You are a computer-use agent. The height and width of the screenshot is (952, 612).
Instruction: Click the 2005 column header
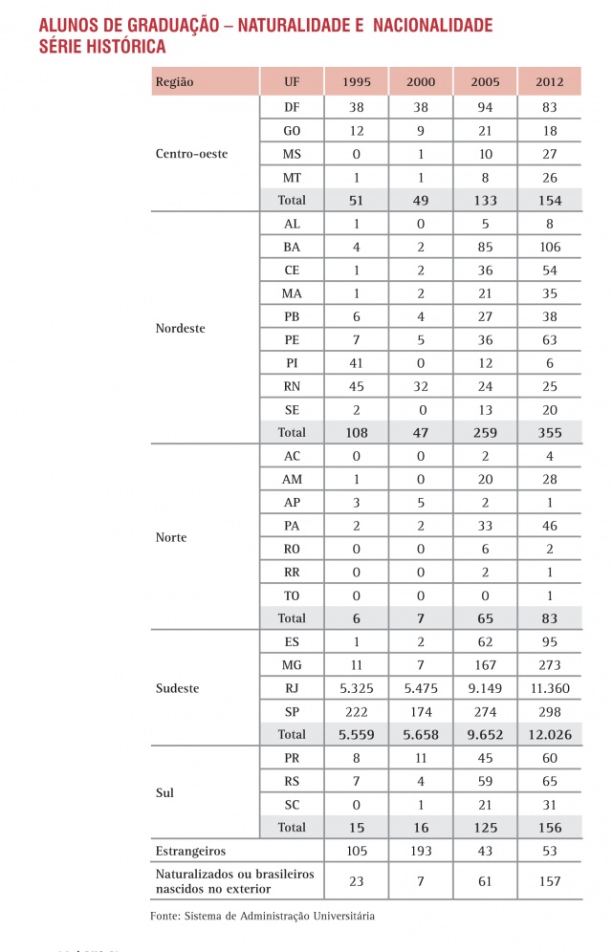[485, 82]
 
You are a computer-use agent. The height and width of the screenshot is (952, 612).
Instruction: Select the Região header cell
[174, 82]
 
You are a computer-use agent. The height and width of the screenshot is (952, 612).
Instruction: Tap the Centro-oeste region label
[191, 154]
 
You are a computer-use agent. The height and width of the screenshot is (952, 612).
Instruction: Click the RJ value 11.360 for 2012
[550, 687]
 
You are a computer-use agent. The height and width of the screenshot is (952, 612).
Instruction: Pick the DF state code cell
[292, 108]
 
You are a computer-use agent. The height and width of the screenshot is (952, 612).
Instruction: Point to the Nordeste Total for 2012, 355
[550, 432]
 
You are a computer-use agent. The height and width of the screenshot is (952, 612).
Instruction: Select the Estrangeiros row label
[191, 851]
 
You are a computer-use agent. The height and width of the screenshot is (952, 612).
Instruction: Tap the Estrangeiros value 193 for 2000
[421, 851]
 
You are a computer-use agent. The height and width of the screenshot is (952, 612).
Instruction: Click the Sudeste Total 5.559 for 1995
[357, 734]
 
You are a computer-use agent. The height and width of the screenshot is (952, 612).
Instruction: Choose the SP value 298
[550, 711]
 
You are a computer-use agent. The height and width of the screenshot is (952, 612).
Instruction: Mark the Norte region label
[171, 537]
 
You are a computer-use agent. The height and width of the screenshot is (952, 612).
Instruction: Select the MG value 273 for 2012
[550, 664]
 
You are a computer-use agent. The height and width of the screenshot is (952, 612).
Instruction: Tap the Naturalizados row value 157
[550, 880]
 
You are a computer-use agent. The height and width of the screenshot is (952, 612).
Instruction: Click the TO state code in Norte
[292, 595]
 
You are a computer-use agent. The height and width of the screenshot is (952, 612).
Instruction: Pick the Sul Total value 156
[550, 827]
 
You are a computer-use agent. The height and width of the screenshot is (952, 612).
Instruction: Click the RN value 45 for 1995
[357, 386]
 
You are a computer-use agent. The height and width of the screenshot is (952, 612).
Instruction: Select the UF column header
[292, 82]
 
